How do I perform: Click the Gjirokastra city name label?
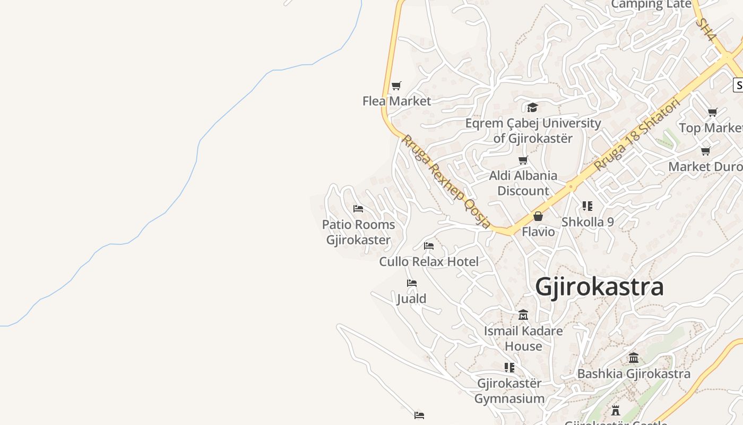[x=599, y=287]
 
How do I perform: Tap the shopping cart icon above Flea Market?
[x=396, y=86]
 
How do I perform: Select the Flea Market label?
[x=396, y=101]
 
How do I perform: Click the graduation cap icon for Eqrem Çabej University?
[x=532, y=108]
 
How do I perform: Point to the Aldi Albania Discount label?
[x=523, y=183]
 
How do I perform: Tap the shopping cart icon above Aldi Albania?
[x=523, y=160]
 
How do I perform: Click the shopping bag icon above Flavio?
[x=538, y=216]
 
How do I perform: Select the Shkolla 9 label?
[x=588, y=222]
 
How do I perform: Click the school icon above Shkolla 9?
[x=587, y=206]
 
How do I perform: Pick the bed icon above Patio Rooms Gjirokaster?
[x=358, y=209]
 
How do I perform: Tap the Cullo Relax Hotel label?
[x=429, y=261]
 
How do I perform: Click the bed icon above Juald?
[x=412, y=283]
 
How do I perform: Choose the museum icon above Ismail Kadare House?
[x=523, y=315]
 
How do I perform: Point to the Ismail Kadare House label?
[x=523, y=338]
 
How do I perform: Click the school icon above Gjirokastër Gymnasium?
[x=509, y=367]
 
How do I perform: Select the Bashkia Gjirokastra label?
[x=634, y=373]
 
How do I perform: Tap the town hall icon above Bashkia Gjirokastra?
[x=634, y=358]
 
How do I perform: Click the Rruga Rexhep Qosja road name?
[x=446, y=181]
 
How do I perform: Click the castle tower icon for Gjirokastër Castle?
[x=616, y=411]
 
